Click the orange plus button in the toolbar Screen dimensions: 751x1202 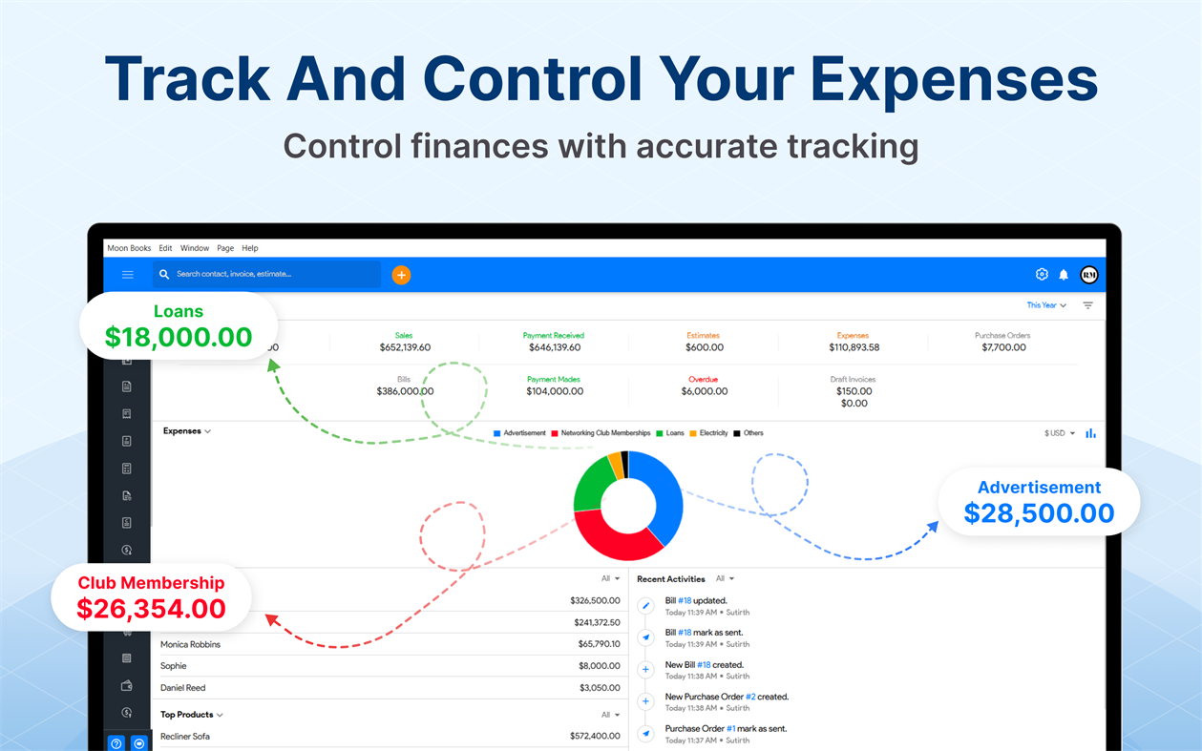point(401,275)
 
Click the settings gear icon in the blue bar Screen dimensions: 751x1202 point(1042,275)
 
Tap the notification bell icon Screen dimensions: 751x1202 point(1064,275)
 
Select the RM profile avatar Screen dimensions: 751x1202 point(1088,275)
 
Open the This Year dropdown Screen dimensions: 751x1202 point(1046,305)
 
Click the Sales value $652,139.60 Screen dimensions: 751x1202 point(405,348)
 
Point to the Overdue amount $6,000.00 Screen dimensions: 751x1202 point(704,391)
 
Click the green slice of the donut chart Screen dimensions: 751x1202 point(590,487)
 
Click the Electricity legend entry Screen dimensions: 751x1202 point(713,433)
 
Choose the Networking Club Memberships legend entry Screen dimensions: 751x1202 point(605,433)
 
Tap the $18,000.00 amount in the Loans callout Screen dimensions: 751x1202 point(179,337)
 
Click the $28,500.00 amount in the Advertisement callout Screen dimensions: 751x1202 point(1039,513)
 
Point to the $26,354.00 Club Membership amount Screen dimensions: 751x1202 point(151,609)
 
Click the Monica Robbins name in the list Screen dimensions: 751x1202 point(190,645)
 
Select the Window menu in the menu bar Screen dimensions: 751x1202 point(195,248)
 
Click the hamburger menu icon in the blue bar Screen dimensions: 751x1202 point(127,275)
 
